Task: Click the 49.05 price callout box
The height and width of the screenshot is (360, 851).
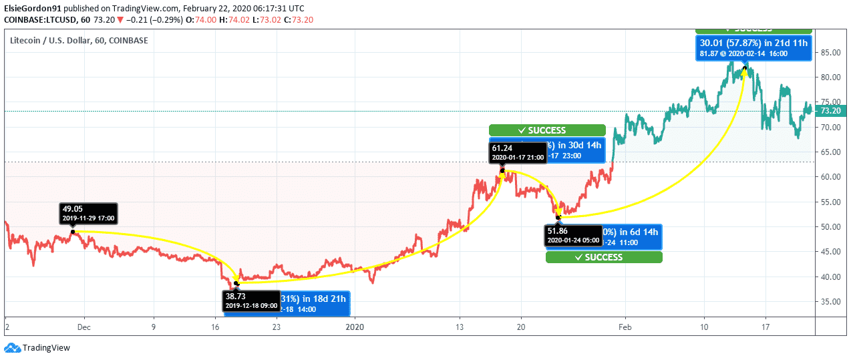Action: pyautogui.click(x=89, y=213)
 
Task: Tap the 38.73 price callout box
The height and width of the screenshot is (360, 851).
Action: pyautogui.click(x=250, y=301)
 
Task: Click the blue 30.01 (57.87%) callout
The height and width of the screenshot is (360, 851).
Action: pyautogui.click(x=753, y=48)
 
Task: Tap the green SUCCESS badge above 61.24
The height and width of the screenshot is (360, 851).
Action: pyautogui.click(x=546, y=130)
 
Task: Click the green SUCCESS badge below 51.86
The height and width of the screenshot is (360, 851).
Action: pyautogui.click(x=603, y=257)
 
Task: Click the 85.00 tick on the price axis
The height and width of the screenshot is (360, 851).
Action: pyautogui.click(x=829, y=53)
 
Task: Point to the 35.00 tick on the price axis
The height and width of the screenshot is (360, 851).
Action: pyautogui.click(x=829, y=301)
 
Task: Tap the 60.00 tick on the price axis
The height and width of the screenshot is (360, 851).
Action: pyautogui.click(x=829, y=177)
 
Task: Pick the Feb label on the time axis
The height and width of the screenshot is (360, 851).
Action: pyautogui.click(x=625, y=327)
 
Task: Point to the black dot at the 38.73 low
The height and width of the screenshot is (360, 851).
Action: pyautogui.click(x=236, y=283)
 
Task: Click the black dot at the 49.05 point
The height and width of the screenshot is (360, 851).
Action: pyautogui.click(x=73, y=232)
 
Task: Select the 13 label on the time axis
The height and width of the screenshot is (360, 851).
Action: pyautogui.click(x=460, y=327)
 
